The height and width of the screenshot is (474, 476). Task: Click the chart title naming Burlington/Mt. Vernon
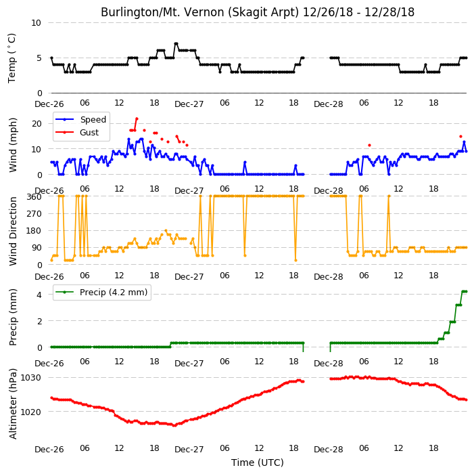pyautogui.click(x=258, y=12)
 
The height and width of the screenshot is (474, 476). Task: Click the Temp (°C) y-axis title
pyautogui.click(x=11, y=58)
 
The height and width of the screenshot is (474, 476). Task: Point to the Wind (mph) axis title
pyautogui.click(x=13, y=145)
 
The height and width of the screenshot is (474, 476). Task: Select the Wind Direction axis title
pyautogui.click(x=13, y=231)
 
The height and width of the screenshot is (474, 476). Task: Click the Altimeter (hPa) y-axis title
pyautogui.click(x=13, y=404)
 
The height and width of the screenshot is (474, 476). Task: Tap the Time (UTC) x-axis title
pyautogui.click(x=258, y=462)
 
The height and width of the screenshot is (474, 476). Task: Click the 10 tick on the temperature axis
pyautogui.click(x=36, y=23)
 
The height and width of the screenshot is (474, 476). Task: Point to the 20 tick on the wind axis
pyautogui.click(x=37, y=124)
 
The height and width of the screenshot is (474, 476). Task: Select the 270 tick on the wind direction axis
pyautogui.click(x=34, y=214)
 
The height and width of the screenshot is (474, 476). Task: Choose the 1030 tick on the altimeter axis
pyautogui.click(x=30, y=378)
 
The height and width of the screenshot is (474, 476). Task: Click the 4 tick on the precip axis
pyautogui.click(x=39, y=295)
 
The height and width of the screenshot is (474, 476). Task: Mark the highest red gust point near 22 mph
pyautogui.click(x=137, y=118)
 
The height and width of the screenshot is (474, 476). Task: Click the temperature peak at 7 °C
pyautogui.click(x=176, y=44)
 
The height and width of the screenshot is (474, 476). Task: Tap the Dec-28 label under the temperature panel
pyautogui.click(x=329, y=104)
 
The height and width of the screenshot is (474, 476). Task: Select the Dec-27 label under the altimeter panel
pyautogui.click(x=189, y=450)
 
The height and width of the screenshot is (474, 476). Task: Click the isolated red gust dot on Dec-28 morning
pyautogui.click(x=369, y=146)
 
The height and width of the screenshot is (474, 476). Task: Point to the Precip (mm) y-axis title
pyautogui.click(x=13, y=317)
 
